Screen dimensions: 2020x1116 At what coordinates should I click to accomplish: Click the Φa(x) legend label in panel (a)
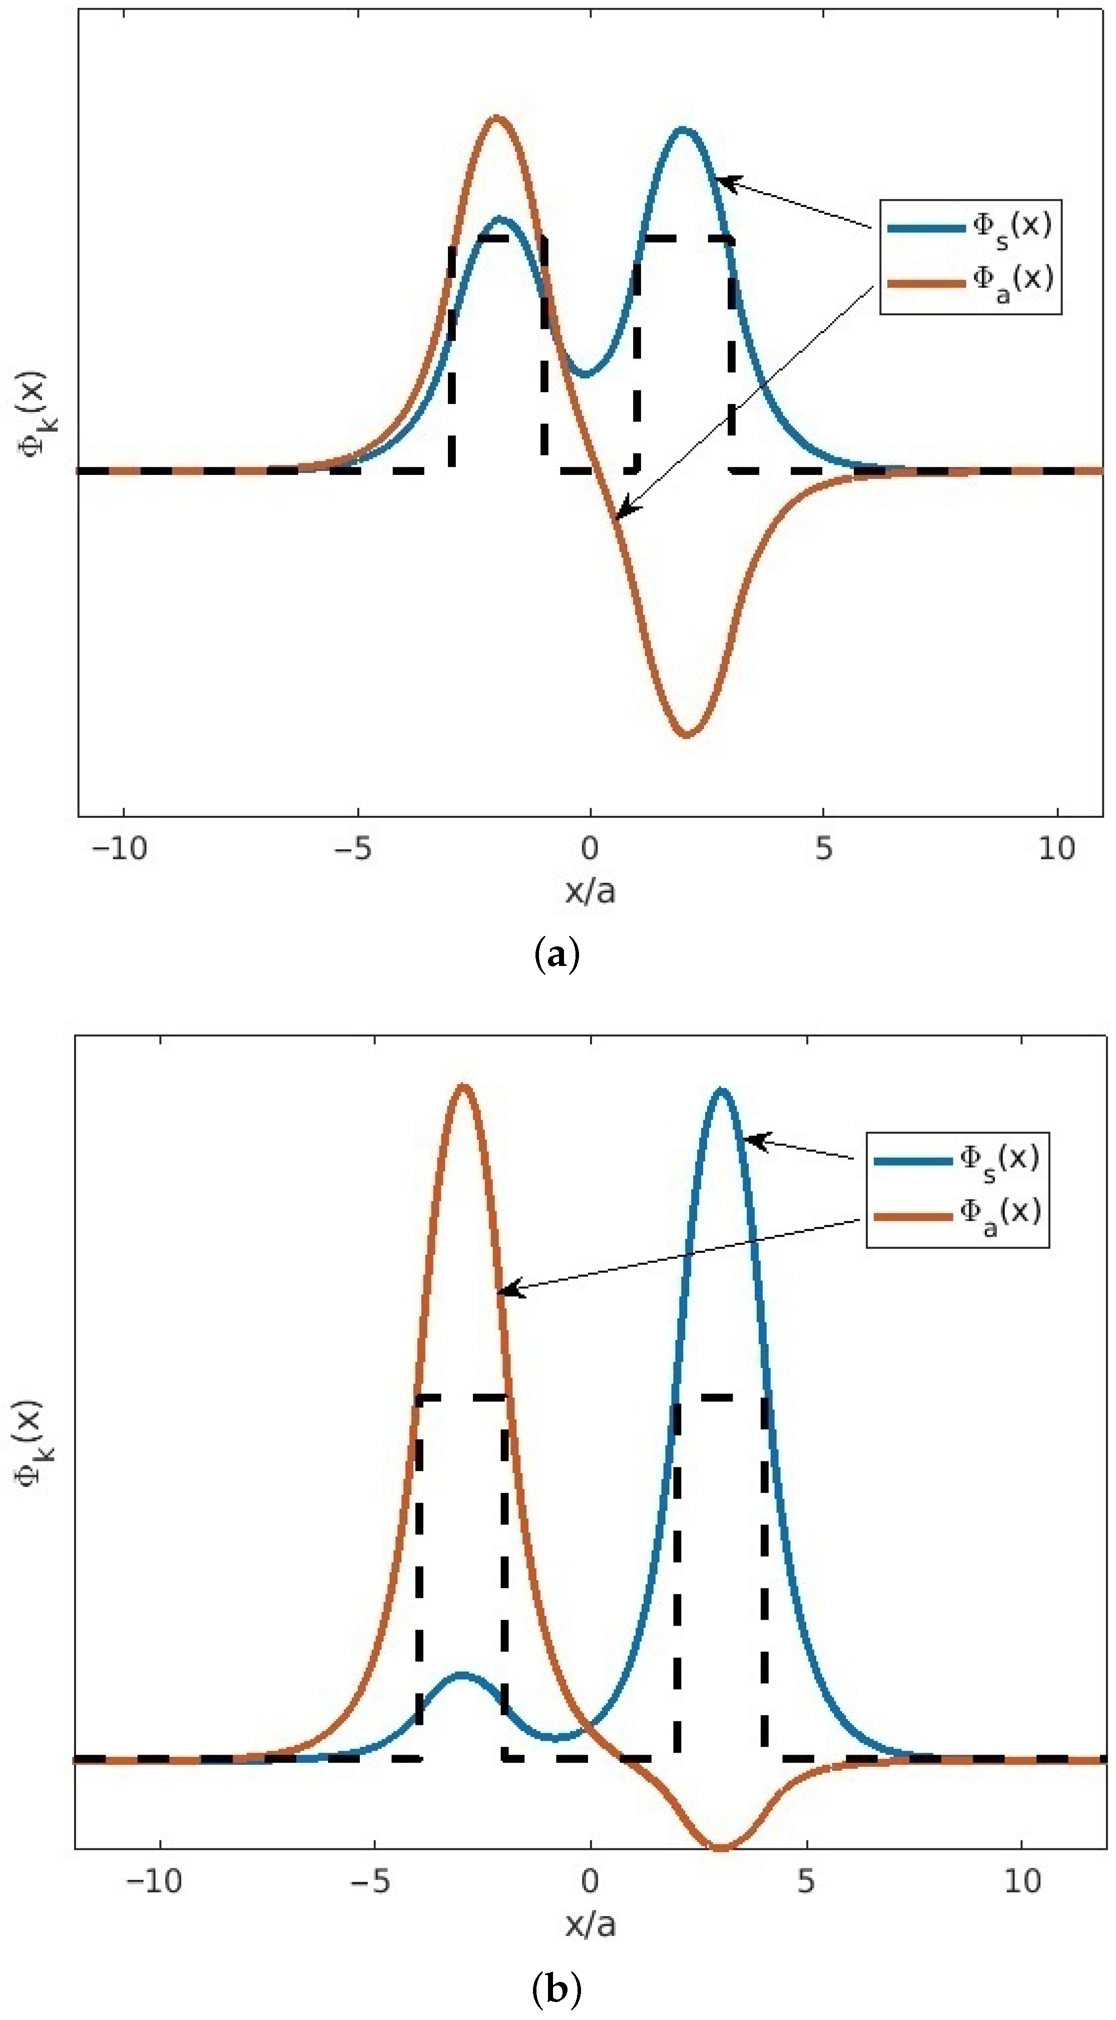point(1012,281)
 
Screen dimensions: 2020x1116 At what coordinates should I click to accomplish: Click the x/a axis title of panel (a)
point(590,891)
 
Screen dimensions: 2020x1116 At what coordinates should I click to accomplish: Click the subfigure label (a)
point(557,956)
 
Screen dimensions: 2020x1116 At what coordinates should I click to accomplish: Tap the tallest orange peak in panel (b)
point(463,1087)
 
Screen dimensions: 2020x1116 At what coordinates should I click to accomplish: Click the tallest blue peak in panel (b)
point(721,1091)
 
